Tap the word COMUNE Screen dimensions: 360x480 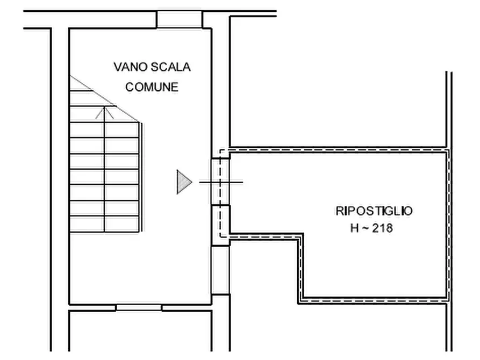pos(152,87)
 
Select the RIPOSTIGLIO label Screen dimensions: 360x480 pos(374,211)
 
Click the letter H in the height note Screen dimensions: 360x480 pos(354,228)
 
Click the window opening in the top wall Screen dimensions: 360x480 pos(179,19)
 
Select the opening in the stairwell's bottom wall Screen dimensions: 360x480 pos(139,307)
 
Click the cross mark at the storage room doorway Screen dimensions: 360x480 pos(220,182)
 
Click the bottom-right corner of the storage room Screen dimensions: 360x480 pos(447,300)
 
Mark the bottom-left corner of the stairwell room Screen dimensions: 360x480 pos(70,304)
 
